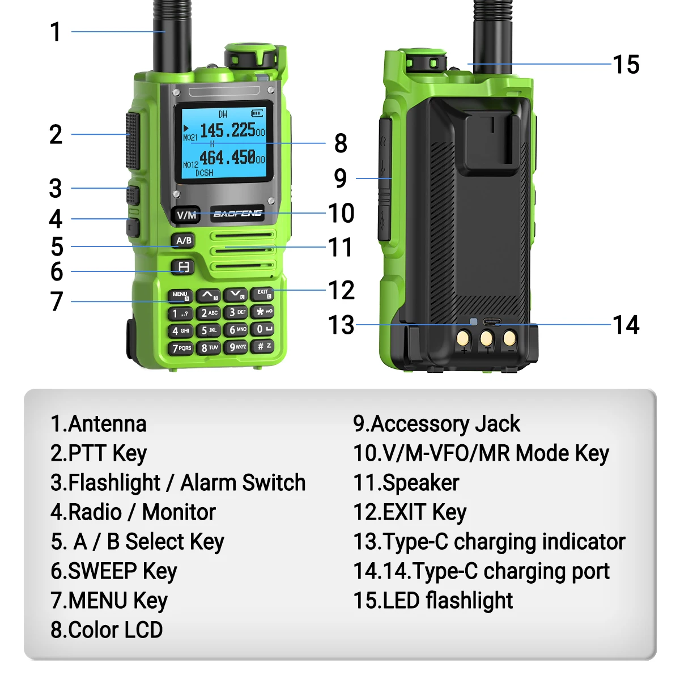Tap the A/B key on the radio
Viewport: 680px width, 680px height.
point(183,241)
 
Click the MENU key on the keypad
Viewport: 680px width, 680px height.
point(180,296)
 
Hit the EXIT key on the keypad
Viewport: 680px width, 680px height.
point(262,294)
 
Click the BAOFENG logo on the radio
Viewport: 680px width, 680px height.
point(237,214)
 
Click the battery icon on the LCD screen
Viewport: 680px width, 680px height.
point(257,113)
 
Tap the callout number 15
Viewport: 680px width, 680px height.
point(626,65)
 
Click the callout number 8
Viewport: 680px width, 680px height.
point(341,143)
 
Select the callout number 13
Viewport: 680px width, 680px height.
point(341,325)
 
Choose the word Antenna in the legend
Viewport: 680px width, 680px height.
point(107,423)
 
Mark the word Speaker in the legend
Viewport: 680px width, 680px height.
point(420,483)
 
